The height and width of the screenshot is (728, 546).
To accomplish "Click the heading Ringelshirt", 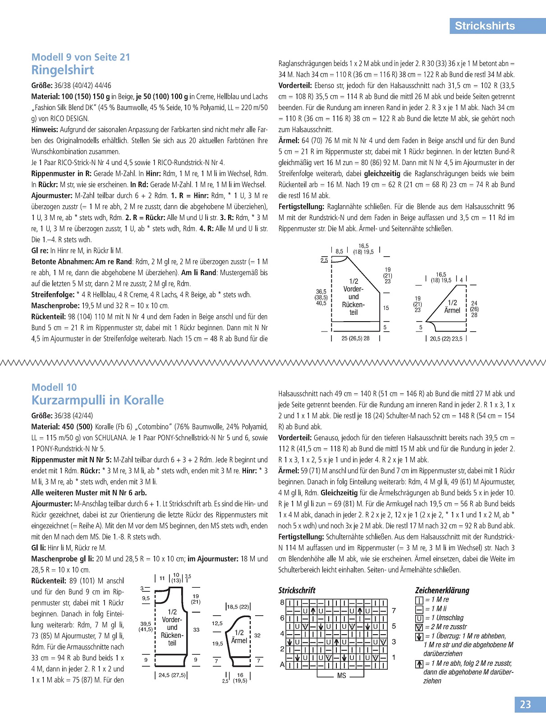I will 63,70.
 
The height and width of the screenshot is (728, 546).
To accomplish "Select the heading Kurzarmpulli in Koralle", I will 97,401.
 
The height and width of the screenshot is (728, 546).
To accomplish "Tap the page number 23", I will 526,705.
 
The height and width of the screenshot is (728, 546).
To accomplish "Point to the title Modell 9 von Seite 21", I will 81,57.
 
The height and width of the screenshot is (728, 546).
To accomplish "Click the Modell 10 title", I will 54,387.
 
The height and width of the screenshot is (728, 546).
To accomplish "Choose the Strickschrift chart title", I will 297,590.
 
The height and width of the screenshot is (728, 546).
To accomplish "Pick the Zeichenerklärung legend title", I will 442,590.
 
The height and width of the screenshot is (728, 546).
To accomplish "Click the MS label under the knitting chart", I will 341,676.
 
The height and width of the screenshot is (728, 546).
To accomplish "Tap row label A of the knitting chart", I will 282,665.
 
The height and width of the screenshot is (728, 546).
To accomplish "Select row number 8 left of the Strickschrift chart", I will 282,603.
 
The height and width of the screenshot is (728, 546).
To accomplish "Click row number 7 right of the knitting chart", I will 394,611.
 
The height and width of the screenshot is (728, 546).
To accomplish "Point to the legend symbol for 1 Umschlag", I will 419,618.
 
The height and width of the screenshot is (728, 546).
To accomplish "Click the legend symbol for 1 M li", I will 419,609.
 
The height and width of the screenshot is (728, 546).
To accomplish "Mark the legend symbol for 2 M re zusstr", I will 419,627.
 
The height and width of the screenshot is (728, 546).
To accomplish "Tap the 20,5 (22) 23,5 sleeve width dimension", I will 446,339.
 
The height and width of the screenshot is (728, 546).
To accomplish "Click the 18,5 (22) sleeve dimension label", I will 238,607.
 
